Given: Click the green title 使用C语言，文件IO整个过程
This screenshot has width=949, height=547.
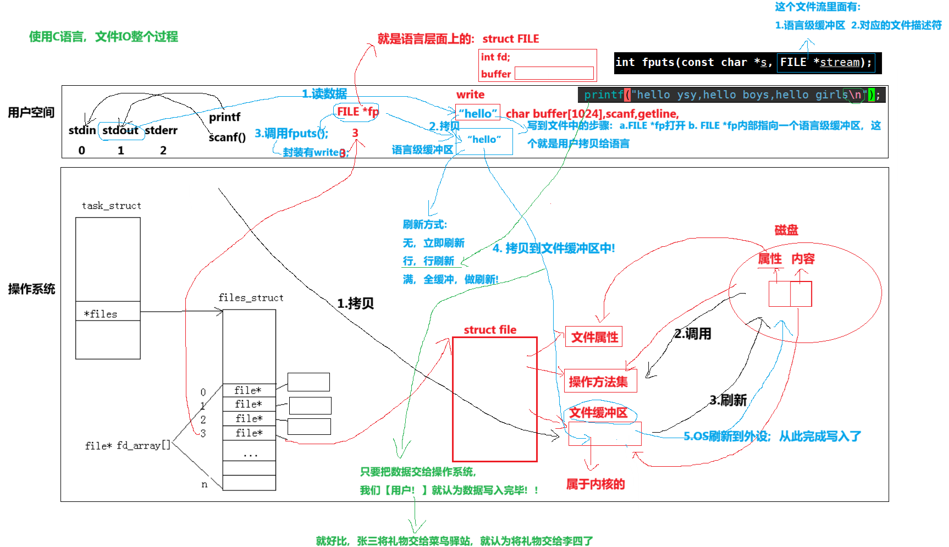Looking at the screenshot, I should (103, 37).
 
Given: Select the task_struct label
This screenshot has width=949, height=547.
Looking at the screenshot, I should (111, 206).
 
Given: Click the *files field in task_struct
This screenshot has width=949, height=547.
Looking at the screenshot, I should (101, 314).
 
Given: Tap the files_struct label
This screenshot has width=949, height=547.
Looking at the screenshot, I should (251, 297).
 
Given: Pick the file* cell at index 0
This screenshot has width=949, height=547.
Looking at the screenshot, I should (249, 390).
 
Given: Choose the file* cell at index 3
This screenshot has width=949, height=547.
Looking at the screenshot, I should (249, 433).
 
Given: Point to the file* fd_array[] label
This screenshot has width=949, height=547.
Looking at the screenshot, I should (128, 445).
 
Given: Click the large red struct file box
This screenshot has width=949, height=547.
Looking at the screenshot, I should (494, 399).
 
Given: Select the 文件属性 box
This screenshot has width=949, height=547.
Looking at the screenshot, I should (594, 337).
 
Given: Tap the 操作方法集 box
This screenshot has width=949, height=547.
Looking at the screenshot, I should (599, 382).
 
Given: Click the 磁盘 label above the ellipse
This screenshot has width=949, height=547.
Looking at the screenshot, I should (786, 230).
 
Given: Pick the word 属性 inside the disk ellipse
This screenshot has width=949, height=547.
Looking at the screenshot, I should (770, 258).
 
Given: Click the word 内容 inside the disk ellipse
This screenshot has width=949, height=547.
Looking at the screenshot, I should (803, 258).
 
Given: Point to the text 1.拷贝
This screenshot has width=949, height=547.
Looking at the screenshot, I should (355, 303).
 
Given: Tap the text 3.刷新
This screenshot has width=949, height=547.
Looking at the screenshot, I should (728, 400).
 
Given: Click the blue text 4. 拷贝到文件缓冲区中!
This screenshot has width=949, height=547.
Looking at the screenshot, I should (554, 248).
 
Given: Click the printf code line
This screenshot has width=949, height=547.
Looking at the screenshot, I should (731, 95).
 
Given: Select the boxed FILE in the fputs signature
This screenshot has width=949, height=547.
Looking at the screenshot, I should (793, 62).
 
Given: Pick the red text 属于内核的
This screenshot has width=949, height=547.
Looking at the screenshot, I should (595, 484).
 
